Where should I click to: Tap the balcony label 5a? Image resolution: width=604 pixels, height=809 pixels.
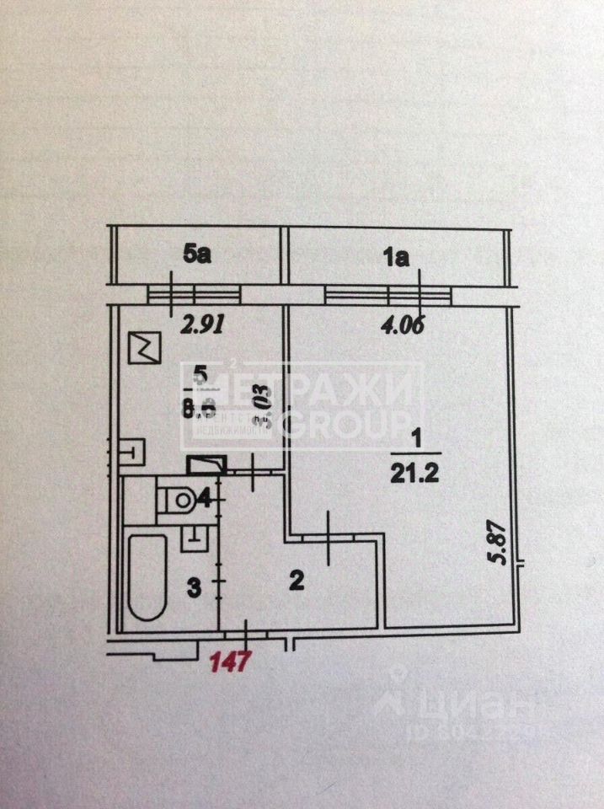click(196, 254)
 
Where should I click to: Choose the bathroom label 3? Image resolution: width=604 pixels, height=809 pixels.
click(193, 587)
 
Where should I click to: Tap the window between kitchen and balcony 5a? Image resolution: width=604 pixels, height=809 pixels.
click(195, 293)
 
